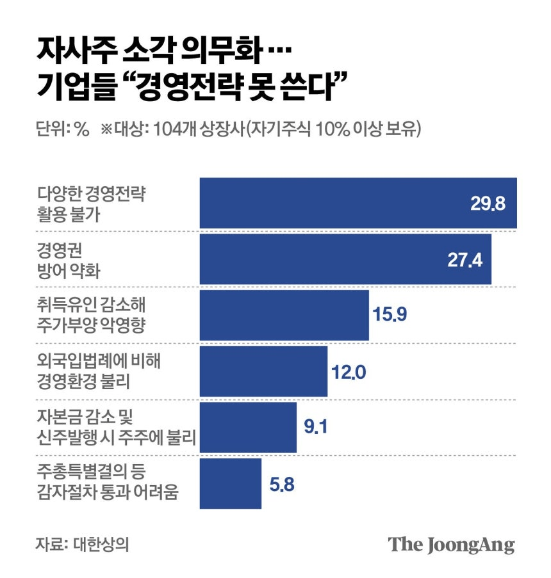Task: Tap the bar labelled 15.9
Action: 284,316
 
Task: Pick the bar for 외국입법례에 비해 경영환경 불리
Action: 263,371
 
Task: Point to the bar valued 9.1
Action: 248,427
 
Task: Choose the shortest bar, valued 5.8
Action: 231,483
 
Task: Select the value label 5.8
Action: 282,484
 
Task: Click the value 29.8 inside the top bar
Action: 488,204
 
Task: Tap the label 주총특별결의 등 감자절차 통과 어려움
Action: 106,483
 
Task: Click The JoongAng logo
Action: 452,545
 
